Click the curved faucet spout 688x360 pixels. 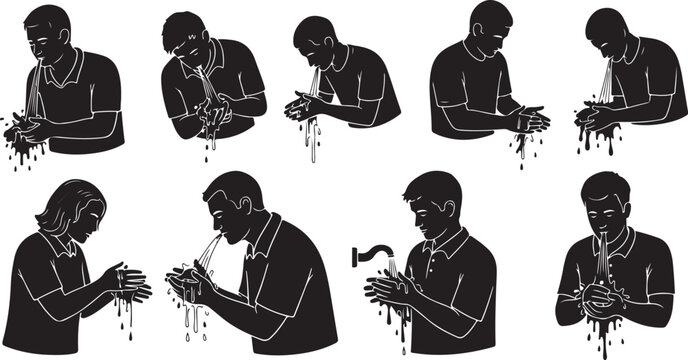(370, 250)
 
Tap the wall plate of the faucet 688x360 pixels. (356, 257)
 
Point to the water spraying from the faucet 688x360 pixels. (393, 268)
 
